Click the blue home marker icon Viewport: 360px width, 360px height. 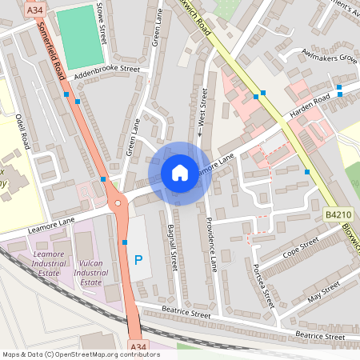(179, 173)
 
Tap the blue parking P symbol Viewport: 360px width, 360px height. (138, 260)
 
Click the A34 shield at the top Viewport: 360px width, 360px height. (34, 10)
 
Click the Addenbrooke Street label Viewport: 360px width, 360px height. (106, 70)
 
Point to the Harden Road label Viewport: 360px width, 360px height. (310, 102)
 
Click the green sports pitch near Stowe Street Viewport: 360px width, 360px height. (80, 37)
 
